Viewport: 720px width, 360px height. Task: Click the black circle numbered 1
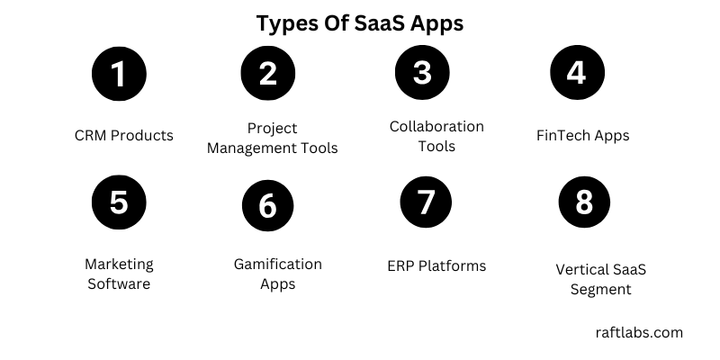[119, 73]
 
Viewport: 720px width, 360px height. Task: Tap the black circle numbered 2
[267, 73]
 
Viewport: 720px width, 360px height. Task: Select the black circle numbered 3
[422, 72]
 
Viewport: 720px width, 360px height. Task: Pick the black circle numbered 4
[576, 72]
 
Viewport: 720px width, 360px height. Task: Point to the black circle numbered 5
[119, 202]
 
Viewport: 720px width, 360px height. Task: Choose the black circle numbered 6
[267, 205]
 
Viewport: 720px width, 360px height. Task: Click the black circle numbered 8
[584, 202]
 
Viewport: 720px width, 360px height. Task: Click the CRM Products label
[124, 136]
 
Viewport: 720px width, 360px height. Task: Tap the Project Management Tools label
[273, 138]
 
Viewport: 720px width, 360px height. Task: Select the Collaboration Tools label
[436, 135]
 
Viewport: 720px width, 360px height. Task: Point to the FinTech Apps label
[582, 136]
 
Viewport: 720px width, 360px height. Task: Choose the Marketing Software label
[119, 274]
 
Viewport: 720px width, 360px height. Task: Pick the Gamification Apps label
[278, 274]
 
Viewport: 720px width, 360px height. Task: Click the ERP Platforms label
[436, 265]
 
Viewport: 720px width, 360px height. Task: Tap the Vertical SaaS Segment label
[601, 279]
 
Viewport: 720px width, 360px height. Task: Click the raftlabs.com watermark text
[639, 332]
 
